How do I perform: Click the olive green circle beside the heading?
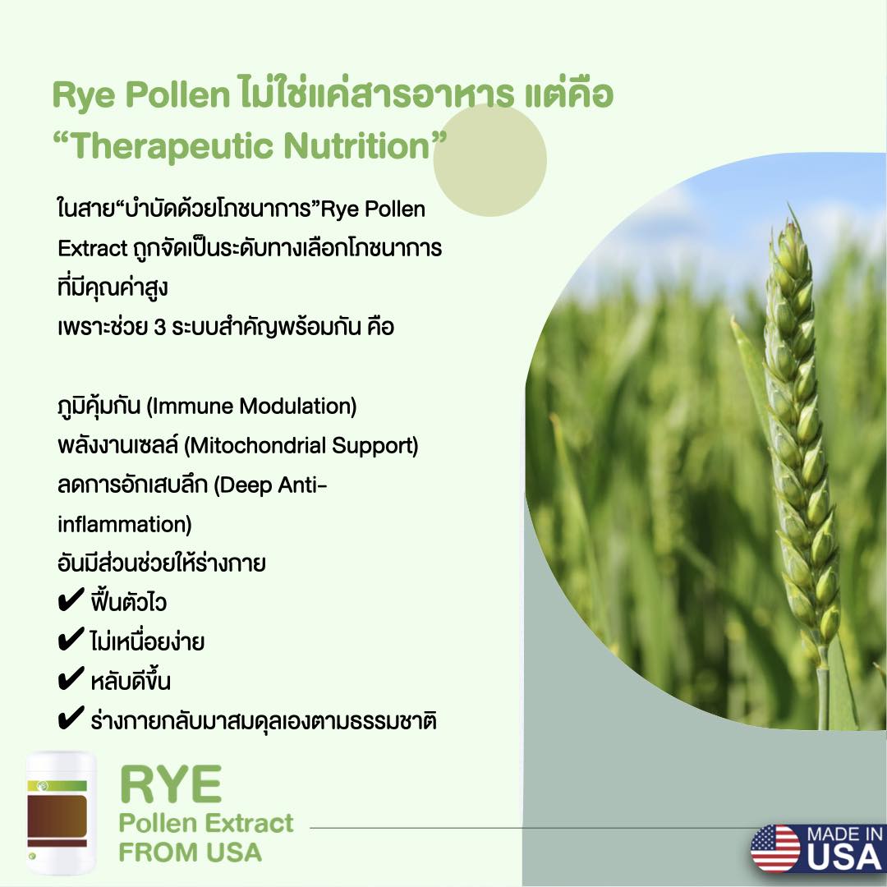click(x=489, y=160)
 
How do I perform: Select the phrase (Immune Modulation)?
click(x=252, y=407)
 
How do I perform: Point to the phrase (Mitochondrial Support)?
click(x=301, y=446)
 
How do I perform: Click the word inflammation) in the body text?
click(x=125, y=524)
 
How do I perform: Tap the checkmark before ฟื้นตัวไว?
click(x=71, y=600)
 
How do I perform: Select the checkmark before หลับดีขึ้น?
click(x=71, y=679)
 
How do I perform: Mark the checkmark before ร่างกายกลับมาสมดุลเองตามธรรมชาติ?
click(x=71, y=719)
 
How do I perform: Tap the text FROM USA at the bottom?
click(x=190, y=852)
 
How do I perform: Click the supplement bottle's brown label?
click(x=57, y=817)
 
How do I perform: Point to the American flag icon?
click(x=775, y=848)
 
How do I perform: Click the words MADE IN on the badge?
click(x=844, y=834)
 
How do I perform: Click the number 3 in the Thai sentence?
click(x=160, y=328)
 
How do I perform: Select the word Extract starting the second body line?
click(x=93, y=248)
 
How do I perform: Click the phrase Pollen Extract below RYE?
click(x=206, y=823)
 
